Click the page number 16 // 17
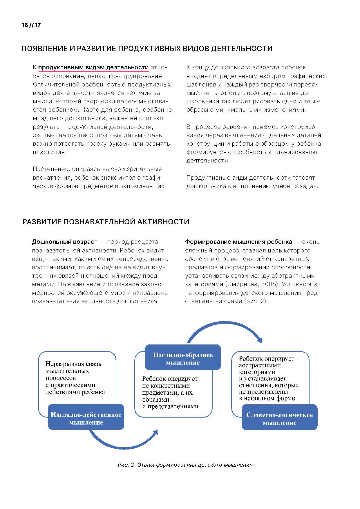coord(31,25)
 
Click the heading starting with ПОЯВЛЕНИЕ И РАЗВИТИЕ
coord(147,48)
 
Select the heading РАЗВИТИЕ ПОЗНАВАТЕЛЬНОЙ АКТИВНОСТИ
coord(106,222)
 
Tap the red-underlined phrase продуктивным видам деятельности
coord(93,68)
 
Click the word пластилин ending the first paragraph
coord(49,152)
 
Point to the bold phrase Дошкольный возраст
coord(64,242)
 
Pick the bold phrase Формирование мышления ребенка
coord(238,242)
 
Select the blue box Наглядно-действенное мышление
coord(86,418)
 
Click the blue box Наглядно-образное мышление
coord(183,359)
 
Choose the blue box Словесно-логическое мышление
coord(280,418)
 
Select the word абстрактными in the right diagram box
coord(260,366)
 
